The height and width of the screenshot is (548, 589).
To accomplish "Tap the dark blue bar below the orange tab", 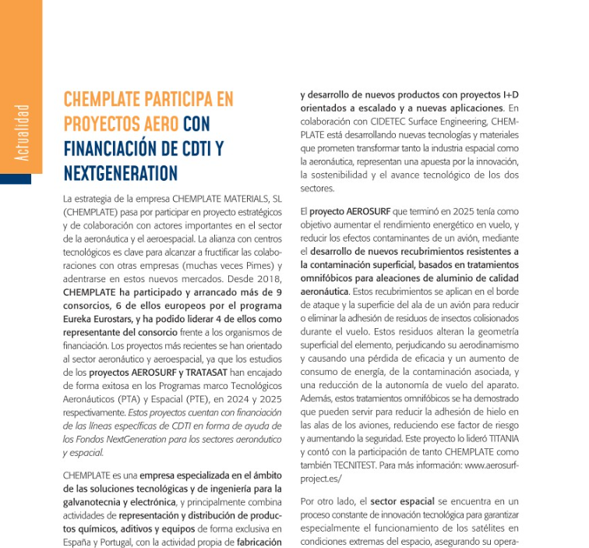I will tap(16, 179).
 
